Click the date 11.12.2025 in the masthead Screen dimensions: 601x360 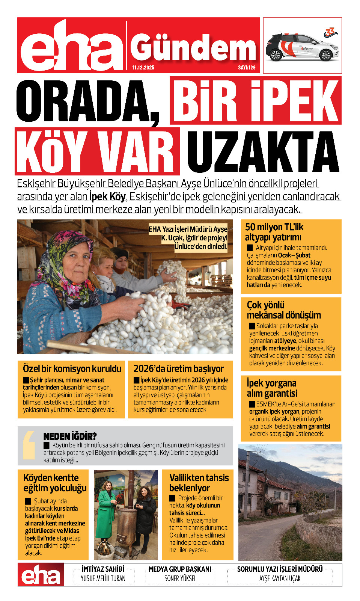(x=143, y=68)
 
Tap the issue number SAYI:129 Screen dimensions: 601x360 (x=247, y=68)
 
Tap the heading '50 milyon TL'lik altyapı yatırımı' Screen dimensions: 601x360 (x=274, y=232)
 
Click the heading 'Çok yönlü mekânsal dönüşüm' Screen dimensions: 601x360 (x=284, y=310)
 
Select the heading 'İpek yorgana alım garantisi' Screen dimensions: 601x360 (x=272, y=388)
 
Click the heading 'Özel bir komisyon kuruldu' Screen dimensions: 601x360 (x=72, y=368)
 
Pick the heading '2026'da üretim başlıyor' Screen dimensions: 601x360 (x=179, y=368)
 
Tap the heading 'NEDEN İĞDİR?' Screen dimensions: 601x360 (x=70, y=436)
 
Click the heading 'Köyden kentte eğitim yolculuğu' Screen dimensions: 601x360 (x=55, y=483)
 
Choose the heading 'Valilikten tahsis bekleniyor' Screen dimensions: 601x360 (x=199, y=483)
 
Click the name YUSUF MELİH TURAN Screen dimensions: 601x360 (x=103, y=578)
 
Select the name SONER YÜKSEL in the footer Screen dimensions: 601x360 (x=180, y=578)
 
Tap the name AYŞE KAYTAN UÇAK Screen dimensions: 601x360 (x=280, y=578)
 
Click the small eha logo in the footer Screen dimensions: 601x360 (x=41, y=575)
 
